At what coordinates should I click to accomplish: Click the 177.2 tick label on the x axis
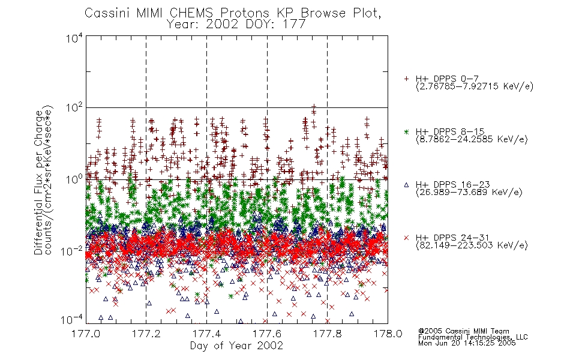146,334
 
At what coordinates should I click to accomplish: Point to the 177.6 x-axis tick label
267,334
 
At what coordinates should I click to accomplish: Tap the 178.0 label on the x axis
388,334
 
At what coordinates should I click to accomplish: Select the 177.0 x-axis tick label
86,334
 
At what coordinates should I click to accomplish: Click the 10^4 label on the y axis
74,38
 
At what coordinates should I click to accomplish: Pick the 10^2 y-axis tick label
74,108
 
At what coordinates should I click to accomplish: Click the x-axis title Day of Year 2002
236,346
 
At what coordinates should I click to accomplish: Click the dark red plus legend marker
406,79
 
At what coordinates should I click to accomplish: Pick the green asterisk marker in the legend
406,131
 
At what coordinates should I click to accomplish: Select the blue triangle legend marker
406,185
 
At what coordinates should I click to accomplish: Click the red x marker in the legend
406,238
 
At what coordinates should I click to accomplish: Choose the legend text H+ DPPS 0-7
447,79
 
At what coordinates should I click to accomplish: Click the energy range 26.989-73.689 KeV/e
469,193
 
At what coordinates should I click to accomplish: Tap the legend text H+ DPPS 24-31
452,238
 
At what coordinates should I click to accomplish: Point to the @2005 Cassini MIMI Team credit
463,331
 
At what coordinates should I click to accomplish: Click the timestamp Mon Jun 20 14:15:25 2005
467,343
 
